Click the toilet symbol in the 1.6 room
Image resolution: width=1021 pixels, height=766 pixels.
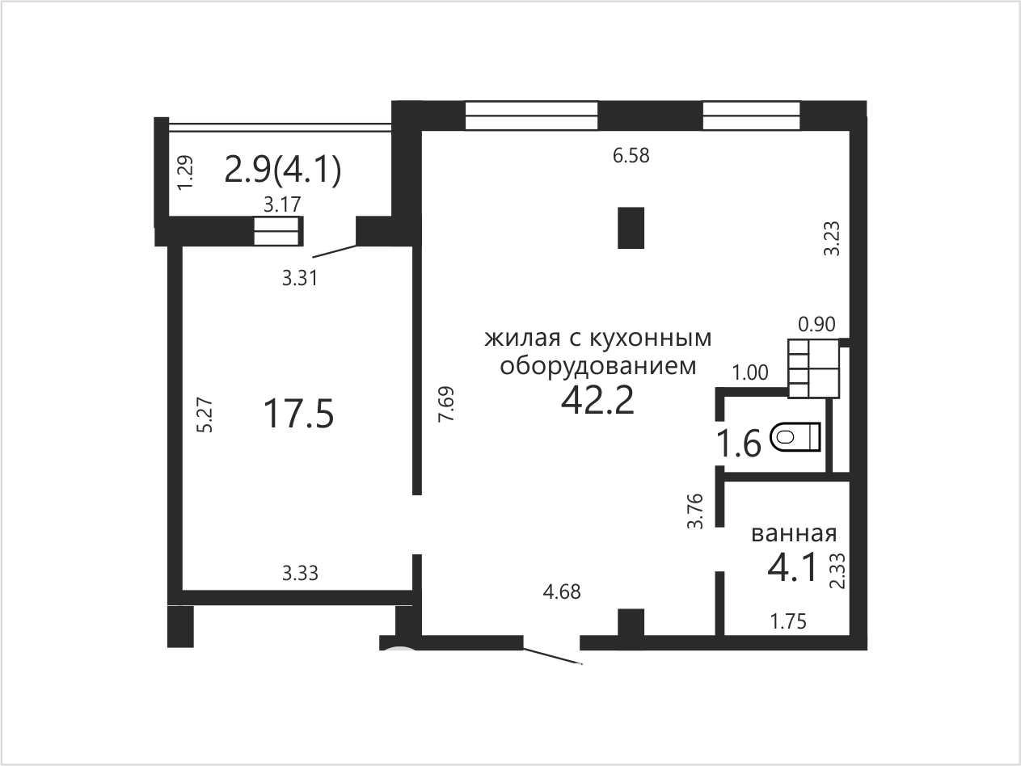(x=795, y=436)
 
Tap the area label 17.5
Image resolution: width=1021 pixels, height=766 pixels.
(x=298, y=415)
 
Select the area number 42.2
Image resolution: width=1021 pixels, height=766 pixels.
(x=597, y=401)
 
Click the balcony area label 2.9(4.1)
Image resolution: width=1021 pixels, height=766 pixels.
(x=283, y=170)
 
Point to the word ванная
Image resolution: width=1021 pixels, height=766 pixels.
(x=794, y=534)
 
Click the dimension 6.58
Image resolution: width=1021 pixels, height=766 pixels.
(x=631, y=155)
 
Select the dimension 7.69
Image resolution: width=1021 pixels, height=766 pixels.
(x=446, y=404)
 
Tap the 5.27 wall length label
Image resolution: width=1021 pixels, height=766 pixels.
(x=205, y=415)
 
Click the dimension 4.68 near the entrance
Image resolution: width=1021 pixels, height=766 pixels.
(x=562, y=592)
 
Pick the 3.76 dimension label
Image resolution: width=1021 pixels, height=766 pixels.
(x=695, y=511)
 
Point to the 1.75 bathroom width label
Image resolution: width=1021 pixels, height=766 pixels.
(x=788, y=621)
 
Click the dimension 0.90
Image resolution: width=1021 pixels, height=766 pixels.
(x=816, y=324)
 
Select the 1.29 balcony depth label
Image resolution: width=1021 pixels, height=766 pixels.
(x=185, y=172)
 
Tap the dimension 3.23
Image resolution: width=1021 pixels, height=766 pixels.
(x=832, y=238)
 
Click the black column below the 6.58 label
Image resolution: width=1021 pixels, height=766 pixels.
(x=631, y=228)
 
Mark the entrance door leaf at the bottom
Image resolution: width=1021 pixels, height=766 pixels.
(x=553, y=656)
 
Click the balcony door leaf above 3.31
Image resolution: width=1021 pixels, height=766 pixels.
(x=335, y=251)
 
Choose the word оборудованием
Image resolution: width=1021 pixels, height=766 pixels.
(x=598, y=367)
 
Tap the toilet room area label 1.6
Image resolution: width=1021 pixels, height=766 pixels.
(x=739, y=443)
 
